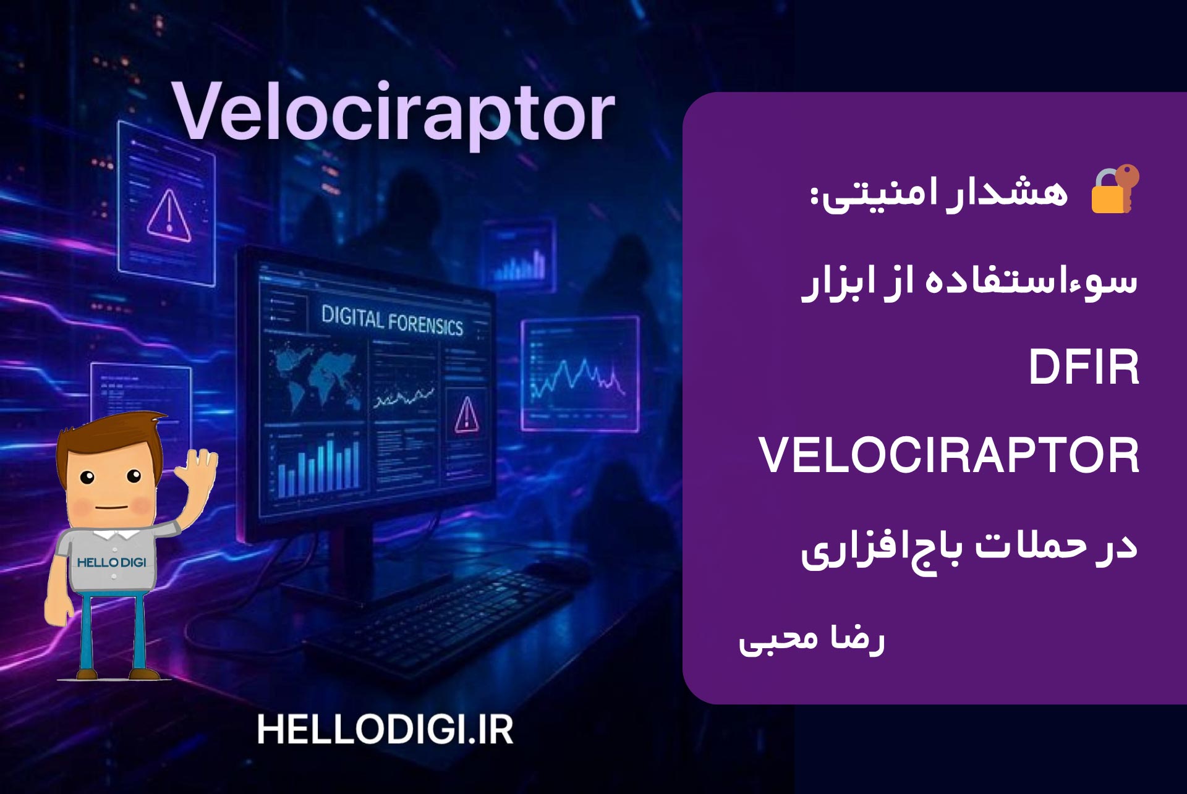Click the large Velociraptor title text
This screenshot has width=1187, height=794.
coord(393,114)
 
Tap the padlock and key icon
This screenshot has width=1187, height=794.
coord(1115,190)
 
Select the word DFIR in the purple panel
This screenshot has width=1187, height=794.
coord(1084,368)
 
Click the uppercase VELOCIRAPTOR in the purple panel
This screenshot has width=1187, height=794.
coord(948,455)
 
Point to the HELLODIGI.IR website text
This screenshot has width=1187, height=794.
coord(385,730)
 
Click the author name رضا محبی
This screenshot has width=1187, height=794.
coord(812,640)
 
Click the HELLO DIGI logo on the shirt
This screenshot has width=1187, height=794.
coord(112,562)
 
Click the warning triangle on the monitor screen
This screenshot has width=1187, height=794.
coord(466,414)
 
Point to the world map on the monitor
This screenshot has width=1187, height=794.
coord(316,374)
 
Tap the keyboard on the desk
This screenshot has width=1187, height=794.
coord(439,618)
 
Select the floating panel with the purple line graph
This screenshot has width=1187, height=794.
coord(580,374)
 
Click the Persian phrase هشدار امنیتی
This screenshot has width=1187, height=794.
coord(939,193)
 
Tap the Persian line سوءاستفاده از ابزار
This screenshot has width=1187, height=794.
coord(969,283)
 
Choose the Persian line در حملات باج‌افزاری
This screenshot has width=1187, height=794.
coord(969,549)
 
